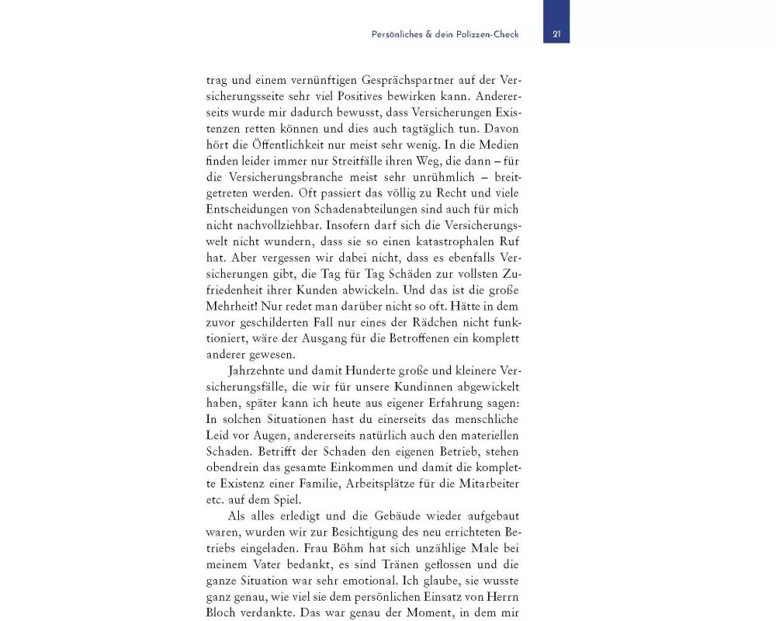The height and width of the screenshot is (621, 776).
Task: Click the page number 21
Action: click(x=556, y=34)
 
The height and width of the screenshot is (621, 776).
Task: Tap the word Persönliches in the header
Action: click(x=396, y=34)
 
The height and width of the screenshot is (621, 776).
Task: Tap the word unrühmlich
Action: click(x=421, y=177)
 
